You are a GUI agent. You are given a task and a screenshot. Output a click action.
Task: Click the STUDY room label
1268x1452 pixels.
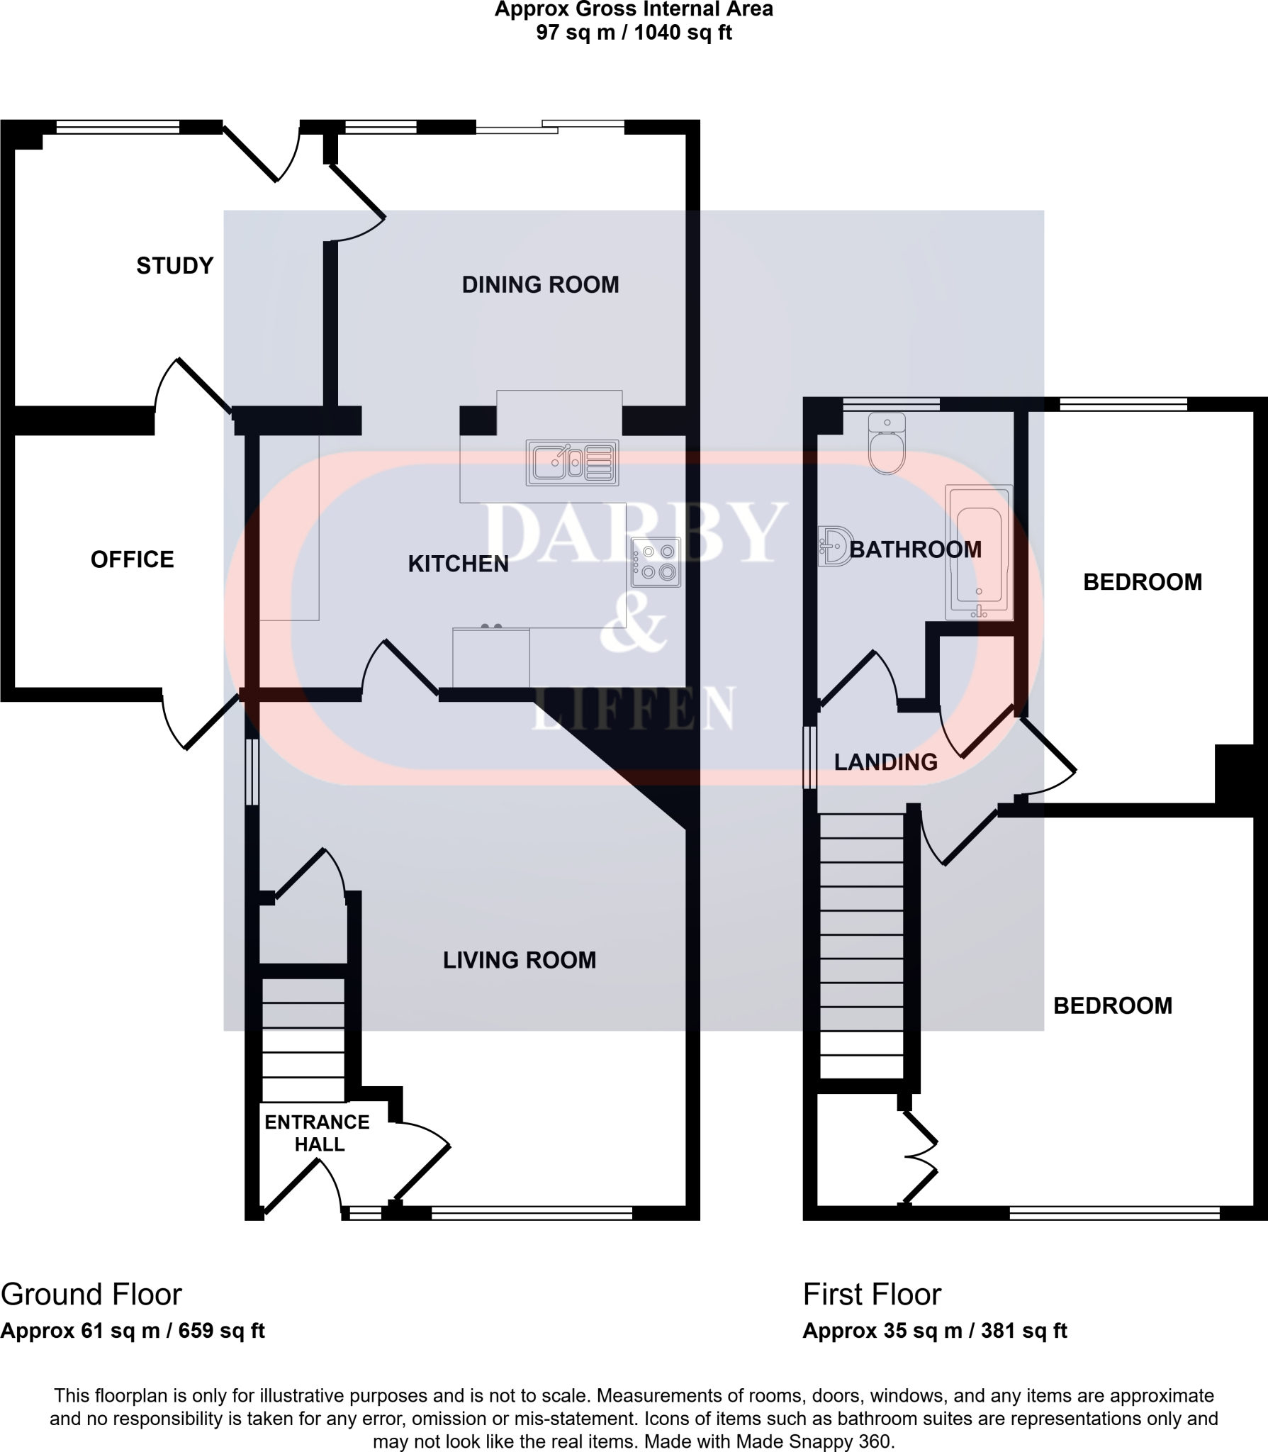174,266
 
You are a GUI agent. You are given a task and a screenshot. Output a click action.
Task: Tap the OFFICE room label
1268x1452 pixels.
132,559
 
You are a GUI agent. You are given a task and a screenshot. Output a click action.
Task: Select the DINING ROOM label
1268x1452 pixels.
540,285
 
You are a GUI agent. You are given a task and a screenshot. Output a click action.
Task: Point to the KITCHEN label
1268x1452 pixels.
458,564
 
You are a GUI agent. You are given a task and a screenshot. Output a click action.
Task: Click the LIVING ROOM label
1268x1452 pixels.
520,960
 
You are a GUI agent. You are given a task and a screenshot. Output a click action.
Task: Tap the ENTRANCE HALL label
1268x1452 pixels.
318,1133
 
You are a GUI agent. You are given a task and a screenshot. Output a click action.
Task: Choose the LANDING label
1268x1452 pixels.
885,762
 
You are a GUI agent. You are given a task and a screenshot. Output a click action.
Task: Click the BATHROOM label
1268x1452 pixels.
915,549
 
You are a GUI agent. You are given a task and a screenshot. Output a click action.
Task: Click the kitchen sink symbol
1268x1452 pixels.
572,463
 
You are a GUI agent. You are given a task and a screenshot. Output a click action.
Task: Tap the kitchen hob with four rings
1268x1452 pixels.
656,562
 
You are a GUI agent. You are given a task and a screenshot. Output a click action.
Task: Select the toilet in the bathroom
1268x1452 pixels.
887,444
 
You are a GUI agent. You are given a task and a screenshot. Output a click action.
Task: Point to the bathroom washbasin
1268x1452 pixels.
834,546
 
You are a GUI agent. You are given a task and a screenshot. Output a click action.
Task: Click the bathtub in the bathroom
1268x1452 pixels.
979,552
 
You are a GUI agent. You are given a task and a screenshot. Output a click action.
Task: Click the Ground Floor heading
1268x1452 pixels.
91,1295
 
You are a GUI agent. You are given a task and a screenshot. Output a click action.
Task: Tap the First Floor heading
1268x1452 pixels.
872,1295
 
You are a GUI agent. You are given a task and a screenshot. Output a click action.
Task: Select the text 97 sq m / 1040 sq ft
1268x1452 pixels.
634,33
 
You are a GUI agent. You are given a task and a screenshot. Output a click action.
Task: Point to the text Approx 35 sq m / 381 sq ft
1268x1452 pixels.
934,1331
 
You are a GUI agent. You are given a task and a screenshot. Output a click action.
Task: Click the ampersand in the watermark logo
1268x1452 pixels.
632,627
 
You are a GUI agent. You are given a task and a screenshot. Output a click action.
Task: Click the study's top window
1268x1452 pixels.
118,127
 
